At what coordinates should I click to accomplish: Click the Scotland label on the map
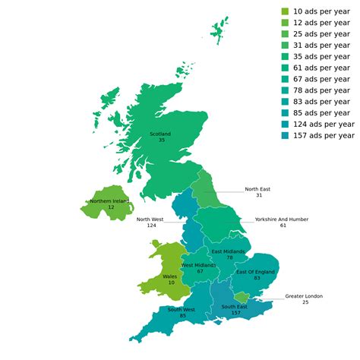161,133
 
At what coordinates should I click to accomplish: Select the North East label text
257,189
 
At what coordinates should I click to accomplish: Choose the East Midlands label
228,251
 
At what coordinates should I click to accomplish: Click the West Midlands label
199,265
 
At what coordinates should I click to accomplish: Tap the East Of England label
255,272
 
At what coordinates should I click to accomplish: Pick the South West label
182,309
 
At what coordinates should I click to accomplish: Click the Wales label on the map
171,276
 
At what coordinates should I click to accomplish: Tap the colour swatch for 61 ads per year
285,68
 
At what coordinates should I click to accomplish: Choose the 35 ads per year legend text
323,56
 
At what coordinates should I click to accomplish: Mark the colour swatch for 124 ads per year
285,124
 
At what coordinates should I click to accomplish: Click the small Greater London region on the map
241,296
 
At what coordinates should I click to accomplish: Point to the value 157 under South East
235,313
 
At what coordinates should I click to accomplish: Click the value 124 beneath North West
151,225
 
